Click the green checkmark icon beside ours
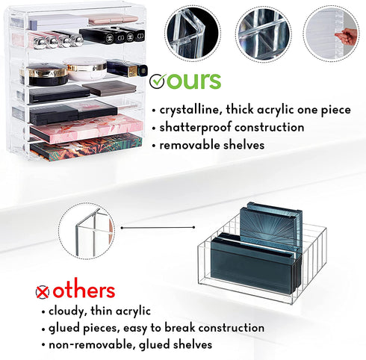157,81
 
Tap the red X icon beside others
43,292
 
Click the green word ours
193,81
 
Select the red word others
84,291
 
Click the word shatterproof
195,128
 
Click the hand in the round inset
347,37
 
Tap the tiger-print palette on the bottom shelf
86,147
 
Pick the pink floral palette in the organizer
86,128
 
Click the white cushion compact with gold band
85,69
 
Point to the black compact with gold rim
44,74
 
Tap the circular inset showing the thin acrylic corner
87,231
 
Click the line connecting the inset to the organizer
158,228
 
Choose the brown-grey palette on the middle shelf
110,88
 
